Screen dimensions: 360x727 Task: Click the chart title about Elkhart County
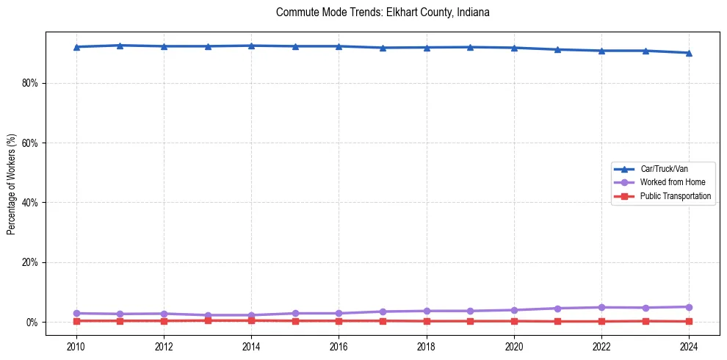coord(383,12)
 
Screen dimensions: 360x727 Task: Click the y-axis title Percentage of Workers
coord(11,184)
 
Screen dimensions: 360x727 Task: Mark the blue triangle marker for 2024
coord(689,53)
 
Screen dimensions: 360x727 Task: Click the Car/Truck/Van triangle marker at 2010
coord(76,47)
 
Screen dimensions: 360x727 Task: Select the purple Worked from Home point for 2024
coord(689,307)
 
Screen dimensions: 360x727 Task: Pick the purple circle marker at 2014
coord(251,315)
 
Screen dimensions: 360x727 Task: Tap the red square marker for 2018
coord(427,321)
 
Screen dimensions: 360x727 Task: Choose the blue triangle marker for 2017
coord(383,48)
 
